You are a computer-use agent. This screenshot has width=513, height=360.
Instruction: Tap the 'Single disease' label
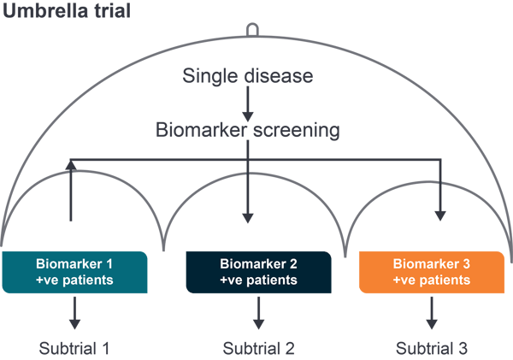(x=247, y=76)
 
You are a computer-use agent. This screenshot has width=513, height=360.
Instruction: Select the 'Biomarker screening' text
(x=247, y=131)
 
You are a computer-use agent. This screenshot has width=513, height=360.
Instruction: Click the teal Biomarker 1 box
(x=74, y=271)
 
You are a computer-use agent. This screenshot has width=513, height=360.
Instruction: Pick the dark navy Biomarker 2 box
(x=258, y=271)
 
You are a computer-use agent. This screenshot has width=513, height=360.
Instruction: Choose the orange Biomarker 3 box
(x=432, y=271)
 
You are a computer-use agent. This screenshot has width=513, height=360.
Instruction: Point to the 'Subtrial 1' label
(x=74, y=348)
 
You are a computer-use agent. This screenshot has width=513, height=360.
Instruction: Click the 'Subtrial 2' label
(x=258, y=348)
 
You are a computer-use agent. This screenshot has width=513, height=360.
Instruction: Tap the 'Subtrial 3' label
(x=432, y=348)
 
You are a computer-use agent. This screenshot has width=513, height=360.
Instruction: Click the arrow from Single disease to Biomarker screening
(x=247, y=103)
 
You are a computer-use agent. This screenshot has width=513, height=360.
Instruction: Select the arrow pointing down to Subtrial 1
(x=74, y=313)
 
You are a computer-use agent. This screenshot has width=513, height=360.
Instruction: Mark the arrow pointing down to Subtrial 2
(x=258, y=313)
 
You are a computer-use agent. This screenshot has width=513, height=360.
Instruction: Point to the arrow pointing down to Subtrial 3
(x=432, y=313)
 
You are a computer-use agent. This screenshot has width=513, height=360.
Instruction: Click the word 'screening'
(x=295, y=131)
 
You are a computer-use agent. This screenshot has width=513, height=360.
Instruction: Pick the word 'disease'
(x=279, y=76)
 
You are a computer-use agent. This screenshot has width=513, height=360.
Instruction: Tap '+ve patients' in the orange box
(x=432, y=280)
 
